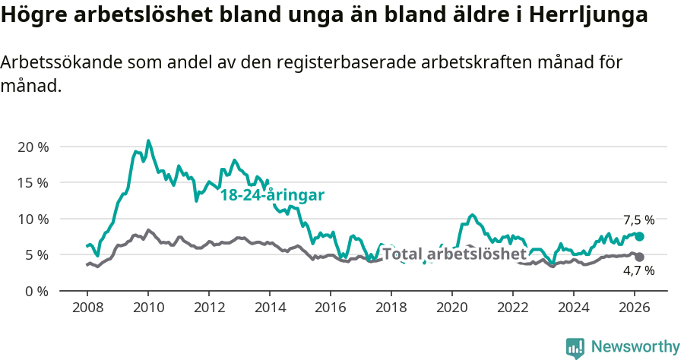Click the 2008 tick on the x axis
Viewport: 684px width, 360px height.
[x=87, y=308]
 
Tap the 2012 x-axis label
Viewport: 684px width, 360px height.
[x=208, y=308]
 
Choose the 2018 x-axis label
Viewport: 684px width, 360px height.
[x=391, y=308]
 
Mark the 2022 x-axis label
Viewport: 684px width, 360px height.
[x=512, y=308]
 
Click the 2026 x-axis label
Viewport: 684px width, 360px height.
[x=634, y=308]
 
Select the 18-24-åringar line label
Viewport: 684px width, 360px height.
[x=272, y=195]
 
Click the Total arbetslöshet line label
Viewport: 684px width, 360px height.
[x=454, y=254]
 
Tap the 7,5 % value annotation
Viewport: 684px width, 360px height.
[x=638, y=220]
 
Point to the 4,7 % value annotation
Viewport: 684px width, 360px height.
[x=638, y=270]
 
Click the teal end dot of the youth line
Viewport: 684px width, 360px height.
[x=639, y=237]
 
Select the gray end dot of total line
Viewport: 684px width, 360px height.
[x=639, y=257]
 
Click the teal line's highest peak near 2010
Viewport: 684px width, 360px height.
[x=148, y=141]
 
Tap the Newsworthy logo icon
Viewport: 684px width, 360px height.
[x=575, y=348]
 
